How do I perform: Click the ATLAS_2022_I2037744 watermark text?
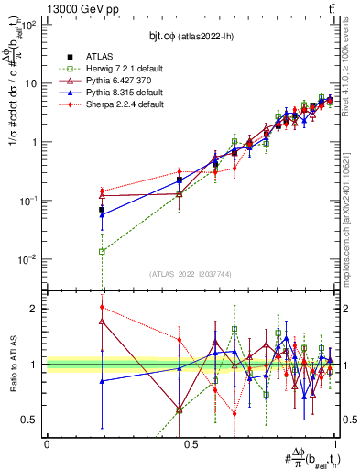(191, 274)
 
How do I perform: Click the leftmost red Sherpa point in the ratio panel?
(102, 307)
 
